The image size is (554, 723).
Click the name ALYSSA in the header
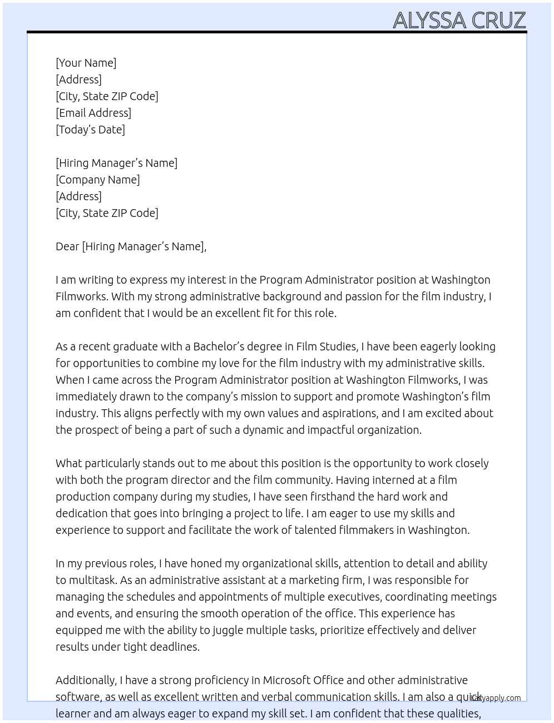click(429, 21)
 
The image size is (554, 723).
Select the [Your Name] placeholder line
click(86, 63)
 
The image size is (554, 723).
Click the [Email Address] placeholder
click(93, 113)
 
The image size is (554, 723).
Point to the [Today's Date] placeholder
click(90, 130)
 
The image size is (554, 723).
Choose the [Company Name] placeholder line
click(98, 180)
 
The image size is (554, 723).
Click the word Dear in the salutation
click(67, 246)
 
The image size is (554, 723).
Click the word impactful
click(330, 430)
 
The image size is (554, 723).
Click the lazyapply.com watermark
click(496, 698)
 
